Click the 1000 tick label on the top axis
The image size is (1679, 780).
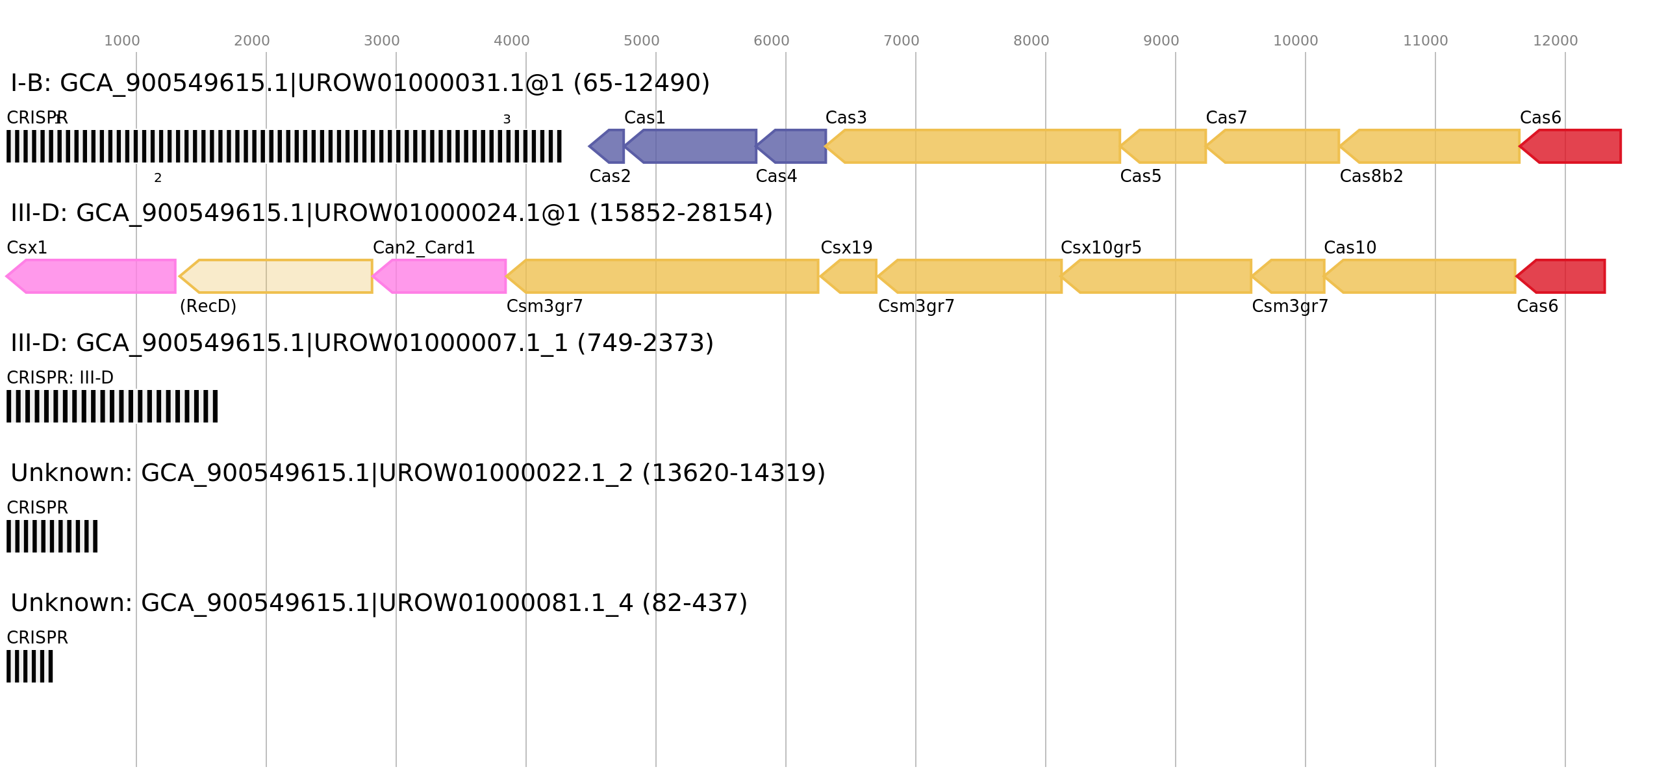coord(122,41)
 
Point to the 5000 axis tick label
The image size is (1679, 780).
coord(641,41)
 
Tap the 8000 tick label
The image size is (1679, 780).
coord(1031,41)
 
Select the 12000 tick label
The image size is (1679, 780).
coord(1554,41)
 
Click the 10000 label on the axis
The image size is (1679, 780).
coord(1295,41)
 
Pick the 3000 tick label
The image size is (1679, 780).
coord(381,41)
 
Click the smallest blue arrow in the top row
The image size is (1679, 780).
coord(608,146)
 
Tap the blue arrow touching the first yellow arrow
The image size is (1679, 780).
coord(793,146)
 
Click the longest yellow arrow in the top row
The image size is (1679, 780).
coord(974,146)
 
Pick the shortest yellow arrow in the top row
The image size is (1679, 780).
coord(1165,146)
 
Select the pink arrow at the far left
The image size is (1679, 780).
coord(91,276)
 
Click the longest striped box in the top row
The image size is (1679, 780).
coord(284,146)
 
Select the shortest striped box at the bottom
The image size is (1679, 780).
coord(30,666)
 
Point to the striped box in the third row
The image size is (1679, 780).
coord(112,406)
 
